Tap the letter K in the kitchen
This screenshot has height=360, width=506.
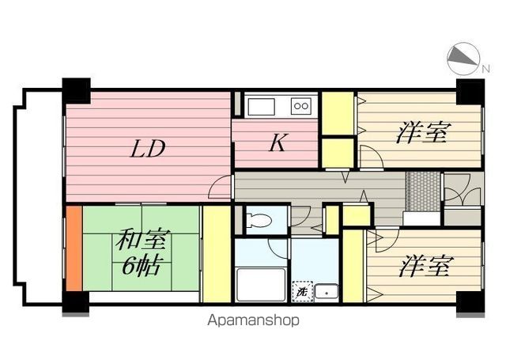(276, 143)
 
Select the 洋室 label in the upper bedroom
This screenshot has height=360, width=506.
(422, 132)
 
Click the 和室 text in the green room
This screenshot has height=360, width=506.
(142, 239)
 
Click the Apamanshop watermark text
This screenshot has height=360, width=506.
(252, 320)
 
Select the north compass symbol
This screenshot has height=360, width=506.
(464, 57)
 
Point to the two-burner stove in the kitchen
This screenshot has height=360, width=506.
(301, 105)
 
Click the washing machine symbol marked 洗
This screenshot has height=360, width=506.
(301, 292)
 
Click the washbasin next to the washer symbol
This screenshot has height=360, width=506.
(327, 291)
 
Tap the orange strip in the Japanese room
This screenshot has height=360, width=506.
(74, 248)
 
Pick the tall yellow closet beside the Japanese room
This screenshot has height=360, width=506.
(216, 253)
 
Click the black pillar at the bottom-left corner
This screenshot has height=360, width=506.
(76, 301)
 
